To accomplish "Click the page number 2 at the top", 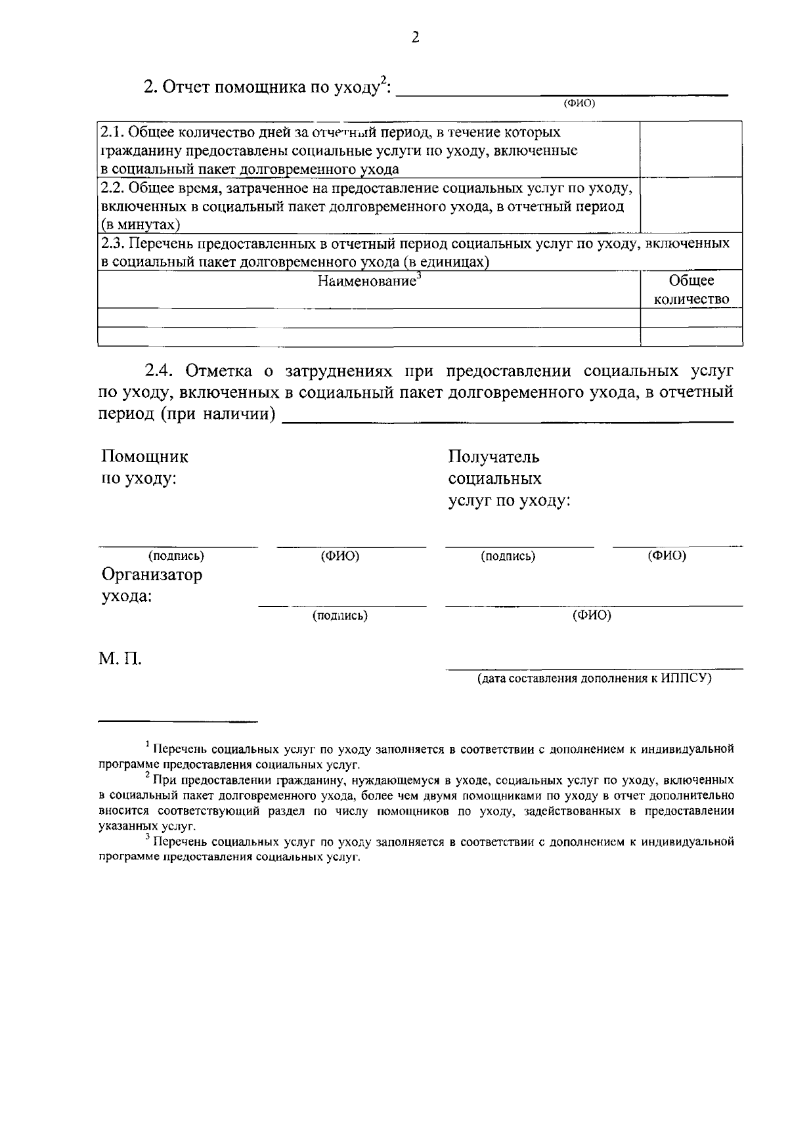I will [x=414, y=37].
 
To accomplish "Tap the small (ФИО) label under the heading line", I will [x=579, y=102].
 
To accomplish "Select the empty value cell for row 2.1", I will [x=691, y=149].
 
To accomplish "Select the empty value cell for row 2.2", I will [x=691, y=205].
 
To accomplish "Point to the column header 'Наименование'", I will [x=368, y=282].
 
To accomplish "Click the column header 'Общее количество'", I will [x=691, y=289].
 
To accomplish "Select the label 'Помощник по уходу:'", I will [x=144, y=467].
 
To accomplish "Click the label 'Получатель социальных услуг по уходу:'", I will [x=508, y=478].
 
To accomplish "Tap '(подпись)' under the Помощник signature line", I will [x=176, y=557].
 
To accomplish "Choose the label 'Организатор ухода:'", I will [x=151, y=585].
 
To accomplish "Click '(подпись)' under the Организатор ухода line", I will [x=339, y=616].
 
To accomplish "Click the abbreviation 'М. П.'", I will [x=120, y=658].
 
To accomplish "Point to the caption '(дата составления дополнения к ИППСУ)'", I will [x=594, y=678].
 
